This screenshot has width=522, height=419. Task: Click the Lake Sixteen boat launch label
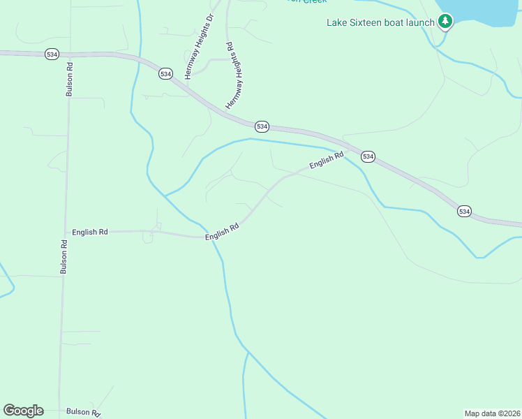[x=381, y=22]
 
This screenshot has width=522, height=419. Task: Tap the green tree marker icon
[x=445, y=22]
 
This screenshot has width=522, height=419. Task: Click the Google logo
[x=23, y=410]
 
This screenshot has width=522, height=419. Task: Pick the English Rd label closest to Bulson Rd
[x=90, y=231]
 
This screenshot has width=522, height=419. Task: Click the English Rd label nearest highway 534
[x=327, y=161]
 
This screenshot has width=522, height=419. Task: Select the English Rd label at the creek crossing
[x=222, y=233]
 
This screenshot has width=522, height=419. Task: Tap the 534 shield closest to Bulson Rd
[x=51, y=54]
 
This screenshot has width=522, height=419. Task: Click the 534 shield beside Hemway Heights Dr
[x=165, y=74]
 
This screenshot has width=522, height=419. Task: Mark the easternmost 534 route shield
[x=464, y=211]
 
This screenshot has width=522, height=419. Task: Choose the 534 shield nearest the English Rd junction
[x=368, y=157]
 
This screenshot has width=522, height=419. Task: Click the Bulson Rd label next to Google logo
[x=83, y=412]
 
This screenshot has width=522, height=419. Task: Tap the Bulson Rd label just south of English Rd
[x=64, y=256]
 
